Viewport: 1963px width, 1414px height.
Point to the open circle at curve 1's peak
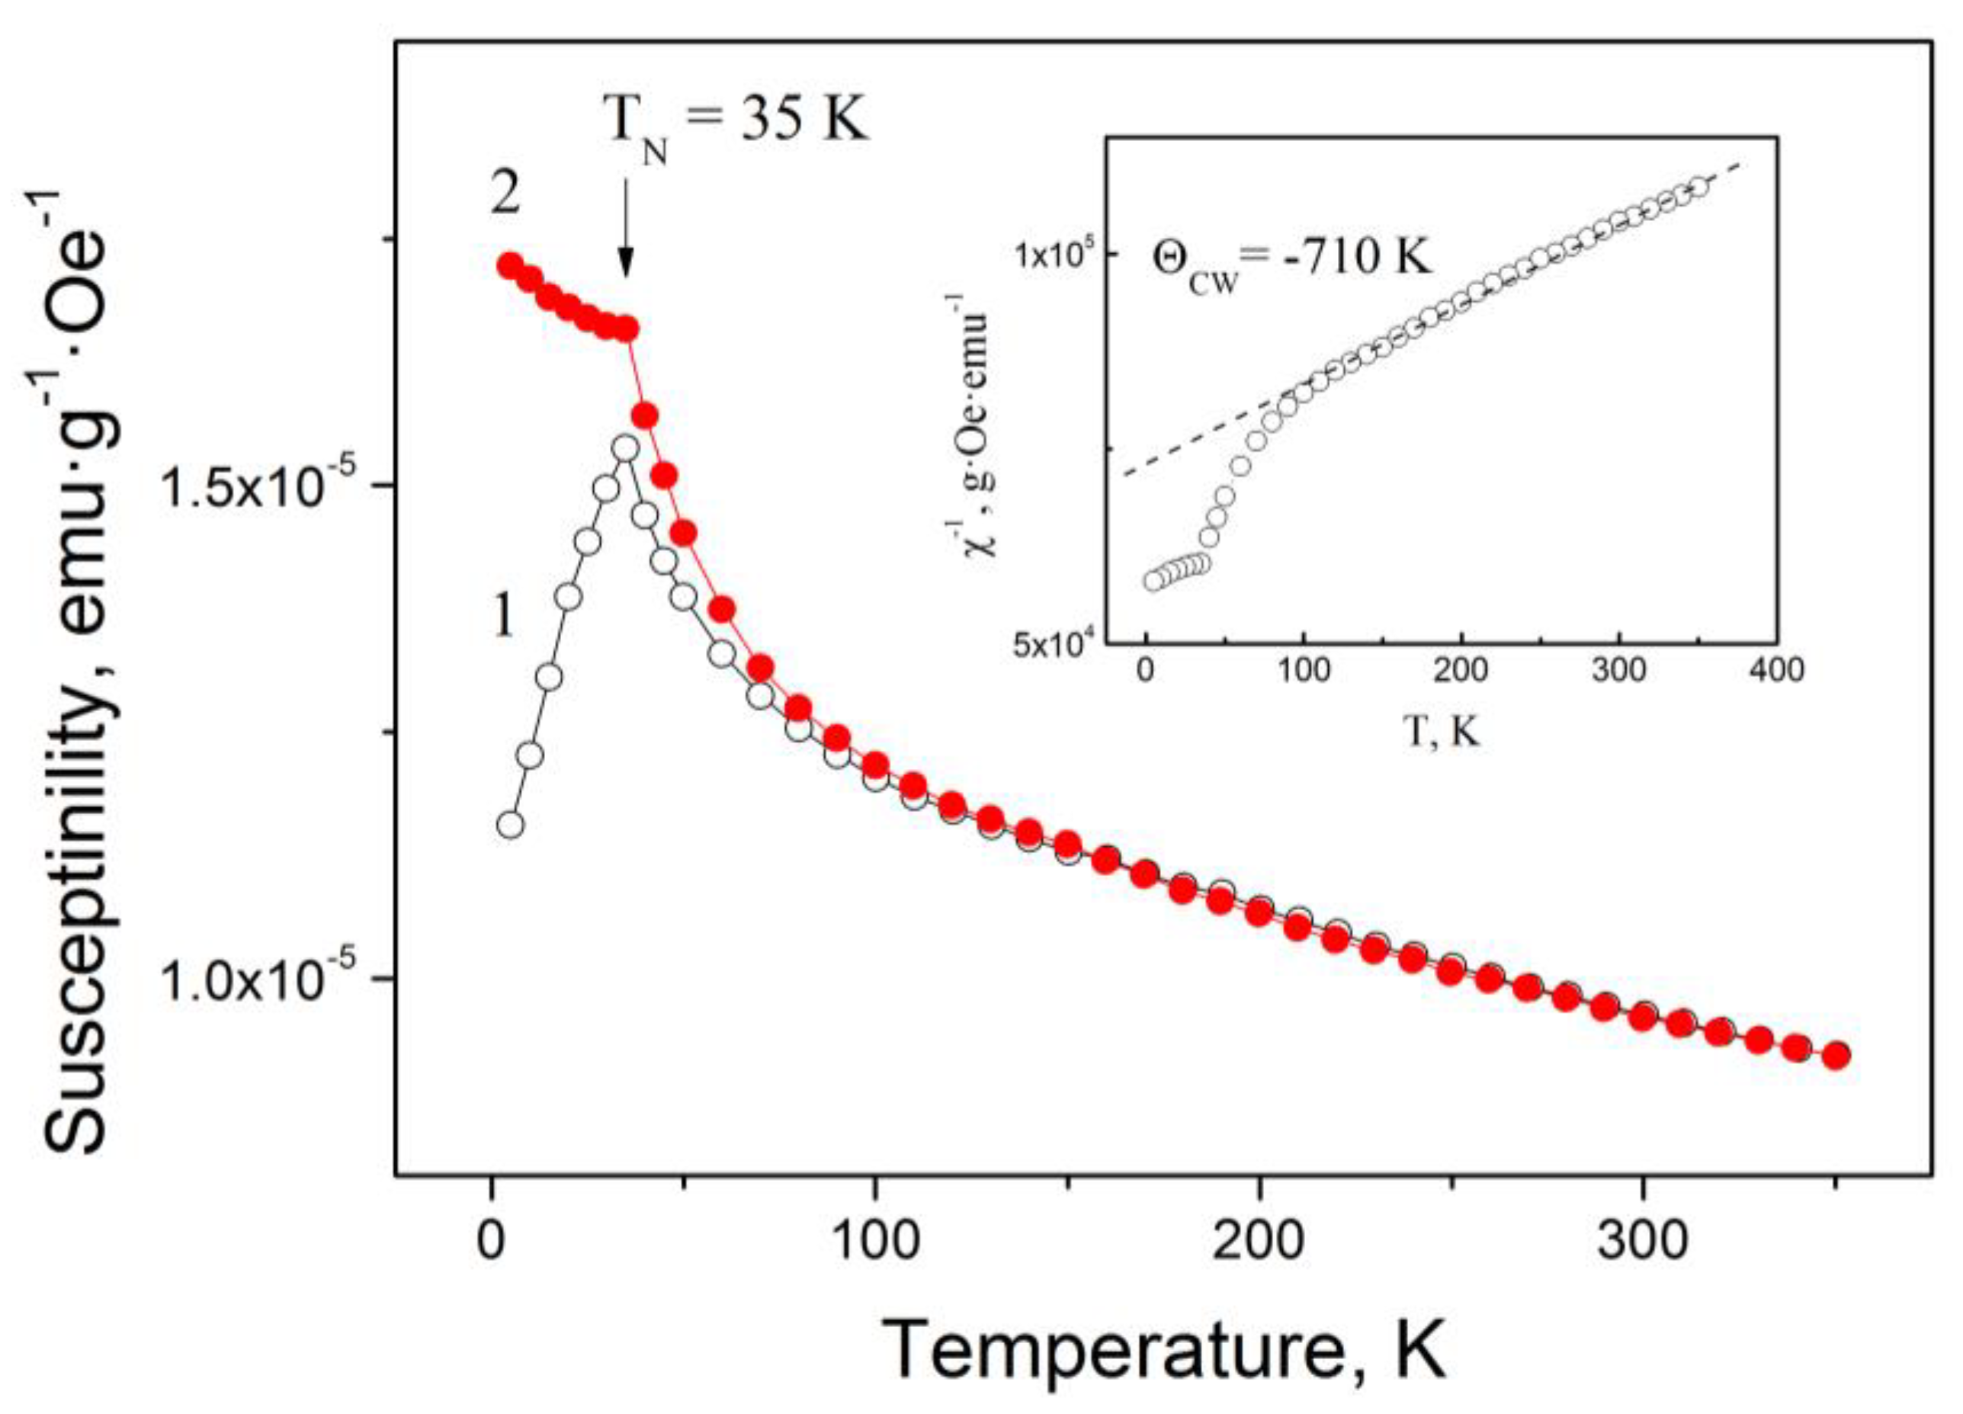click(626, 448)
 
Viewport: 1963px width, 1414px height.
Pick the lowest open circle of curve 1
click(511, 825)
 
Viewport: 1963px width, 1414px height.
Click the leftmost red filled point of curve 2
click(510, 266)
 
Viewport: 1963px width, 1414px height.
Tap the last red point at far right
click(1836, 1056)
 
